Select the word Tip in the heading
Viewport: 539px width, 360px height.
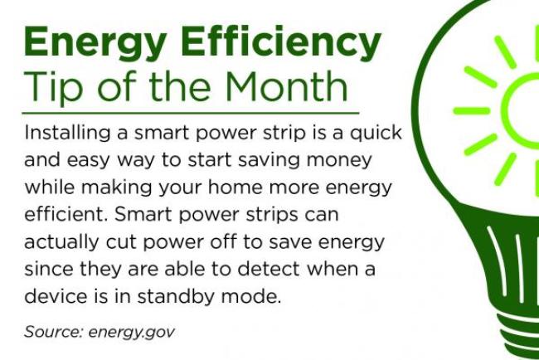tap(52, 86)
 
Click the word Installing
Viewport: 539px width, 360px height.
tap(63, 134)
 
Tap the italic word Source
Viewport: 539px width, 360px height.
tap(50, 332)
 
